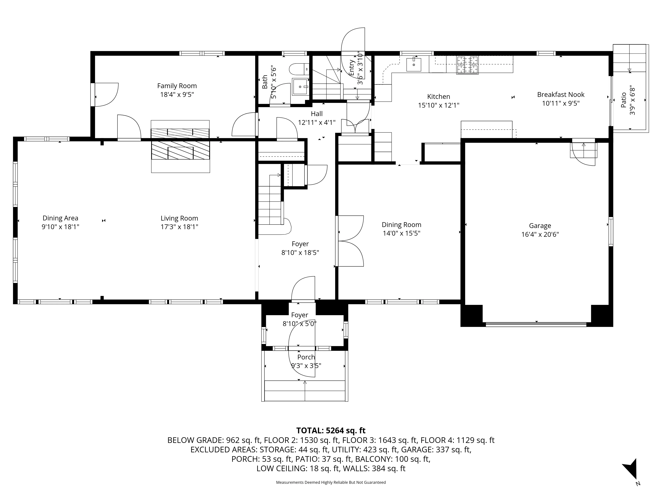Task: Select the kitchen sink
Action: (414, 65)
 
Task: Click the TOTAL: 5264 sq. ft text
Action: (331, 431)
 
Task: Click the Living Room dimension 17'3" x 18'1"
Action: (179, 227)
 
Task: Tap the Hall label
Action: (317, 114)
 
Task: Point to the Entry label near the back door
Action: (352, 68)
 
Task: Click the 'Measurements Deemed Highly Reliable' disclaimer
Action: (331, 482)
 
